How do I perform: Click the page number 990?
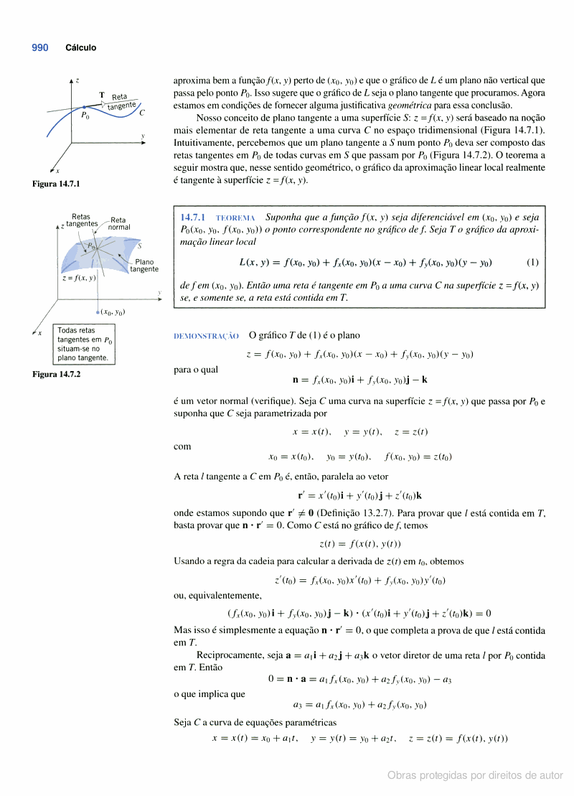pyautogui.click(x=40, y=48)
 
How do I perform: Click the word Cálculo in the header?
pyautogui.click(x=81, y=48)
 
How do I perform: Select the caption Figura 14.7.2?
pyautogui.click(x=56, y=374)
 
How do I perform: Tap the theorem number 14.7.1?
pyautogui.click(x=193, y=217)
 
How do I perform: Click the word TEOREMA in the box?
pyautogui.click(x=235, y=217)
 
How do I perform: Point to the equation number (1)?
pyautogui.click(x=532, y=262)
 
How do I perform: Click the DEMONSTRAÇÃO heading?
pyautogui.click(x=206, y=336)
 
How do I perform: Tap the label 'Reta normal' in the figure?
pyautogui.click(x=119, y=223)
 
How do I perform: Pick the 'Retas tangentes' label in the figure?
pyautogui.click(x=82, y=220)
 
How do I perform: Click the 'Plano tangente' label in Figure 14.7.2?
pyautogui.click(x=144, y=266)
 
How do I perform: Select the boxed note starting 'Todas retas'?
pyautogui.click(x=84, y=344)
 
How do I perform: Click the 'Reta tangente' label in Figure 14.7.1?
pyautogui.click(x=121, y=101)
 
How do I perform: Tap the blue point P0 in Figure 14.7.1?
pyautogui.click(x=84, y=106)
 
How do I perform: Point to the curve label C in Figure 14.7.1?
pyautogui.click(x=142, y=113)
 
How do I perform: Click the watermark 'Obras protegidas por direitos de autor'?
pyautogui.click(x=475, y=775)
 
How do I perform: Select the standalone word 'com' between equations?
pyautogui.click(x=182, y=446)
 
